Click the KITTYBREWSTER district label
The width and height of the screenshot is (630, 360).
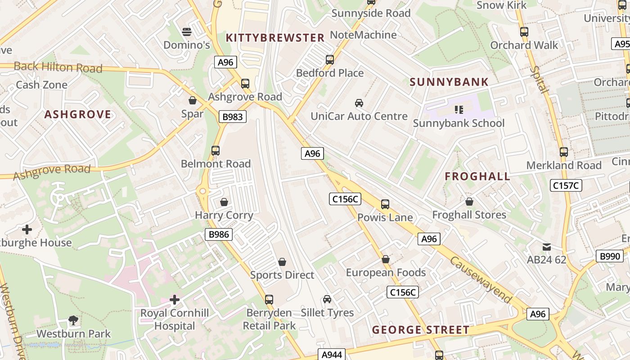275,38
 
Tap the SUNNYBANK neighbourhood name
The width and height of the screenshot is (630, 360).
449,82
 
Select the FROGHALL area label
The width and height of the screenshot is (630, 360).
477,176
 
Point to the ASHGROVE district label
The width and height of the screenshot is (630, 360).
78,114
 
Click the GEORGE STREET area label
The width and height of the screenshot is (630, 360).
421,330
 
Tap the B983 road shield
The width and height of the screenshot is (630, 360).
233,117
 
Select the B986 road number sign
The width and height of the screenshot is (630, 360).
219,234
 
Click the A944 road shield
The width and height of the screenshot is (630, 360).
332,355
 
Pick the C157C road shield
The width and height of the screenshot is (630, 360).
566,185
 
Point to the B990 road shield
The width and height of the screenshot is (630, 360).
610,256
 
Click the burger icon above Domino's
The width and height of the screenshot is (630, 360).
187,31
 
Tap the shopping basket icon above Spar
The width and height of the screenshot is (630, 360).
193,100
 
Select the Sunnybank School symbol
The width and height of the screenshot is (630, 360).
459,109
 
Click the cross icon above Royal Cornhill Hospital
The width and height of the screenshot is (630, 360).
175,299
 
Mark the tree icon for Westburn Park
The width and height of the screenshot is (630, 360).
73,320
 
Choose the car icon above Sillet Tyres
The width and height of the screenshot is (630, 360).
327,299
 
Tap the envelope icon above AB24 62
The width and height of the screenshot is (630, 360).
547,247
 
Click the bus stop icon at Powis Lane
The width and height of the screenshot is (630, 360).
385,204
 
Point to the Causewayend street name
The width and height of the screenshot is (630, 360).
481,280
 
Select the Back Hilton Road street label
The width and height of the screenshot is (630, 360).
58,67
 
